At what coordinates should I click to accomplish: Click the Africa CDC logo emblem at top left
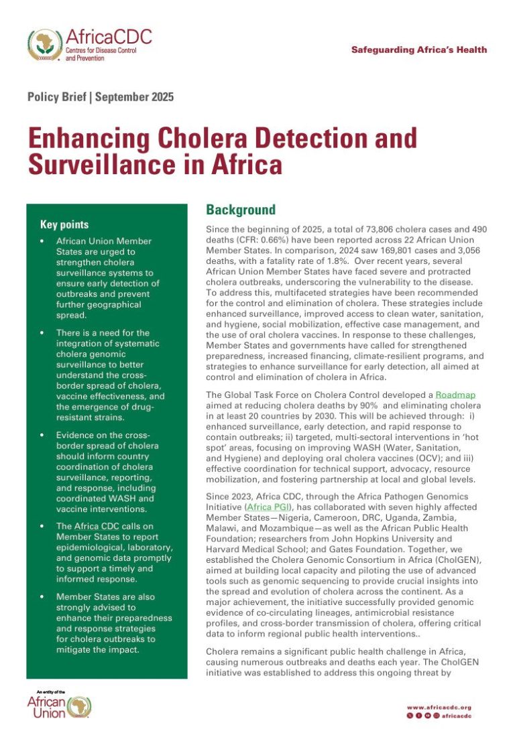click(45, 45)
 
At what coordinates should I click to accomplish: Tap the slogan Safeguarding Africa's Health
click(419, 50)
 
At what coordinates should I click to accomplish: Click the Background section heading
click(240, 210)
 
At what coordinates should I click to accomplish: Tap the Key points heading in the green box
click(64, 224)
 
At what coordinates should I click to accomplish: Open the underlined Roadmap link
click(455, 395)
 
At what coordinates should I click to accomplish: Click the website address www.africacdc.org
click(439, 707)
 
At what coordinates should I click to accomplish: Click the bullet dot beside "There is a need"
click(43, 333)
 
